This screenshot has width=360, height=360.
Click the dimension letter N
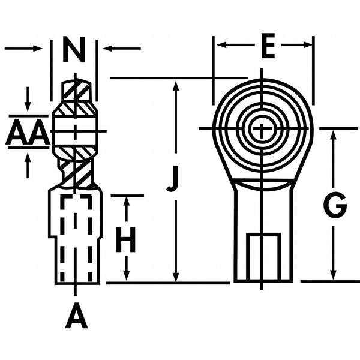point(74,50)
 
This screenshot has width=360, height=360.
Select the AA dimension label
point(27,133)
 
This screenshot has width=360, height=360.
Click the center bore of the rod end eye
point(262,128)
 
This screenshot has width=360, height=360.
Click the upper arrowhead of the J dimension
point(175,85)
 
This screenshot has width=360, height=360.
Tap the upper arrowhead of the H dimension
point(127,203)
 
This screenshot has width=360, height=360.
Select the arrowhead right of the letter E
point(307,45)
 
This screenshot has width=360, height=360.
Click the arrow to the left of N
point(38,48)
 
